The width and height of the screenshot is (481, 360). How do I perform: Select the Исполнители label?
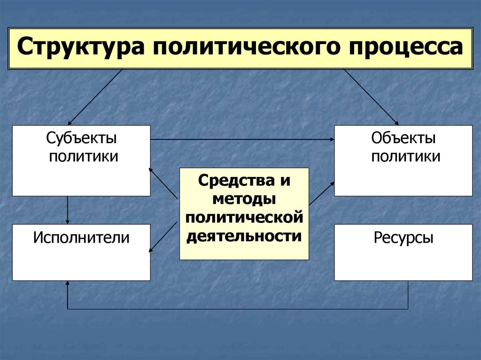[x=81, y=237]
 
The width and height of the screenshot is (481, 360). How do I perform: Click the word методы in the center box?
[x=244, y=199]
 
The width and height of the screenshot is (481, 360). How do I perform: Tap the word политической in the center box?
[x=244, y=217]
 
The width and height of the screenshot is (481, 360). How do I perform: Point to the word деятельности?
[x=244, y=236]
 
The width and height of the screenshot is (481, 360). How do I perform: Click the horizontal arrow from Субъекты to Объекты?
[x=242, y=139]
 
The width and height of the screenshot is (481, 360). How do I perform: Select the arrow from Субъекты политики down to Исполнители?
[x=68, y=210]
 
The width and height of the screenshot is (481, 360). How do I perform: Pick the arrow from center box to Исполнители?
[x=164, y=235]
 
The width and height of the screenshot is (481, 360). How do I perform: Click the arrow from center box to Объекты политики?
[x=321, y=193]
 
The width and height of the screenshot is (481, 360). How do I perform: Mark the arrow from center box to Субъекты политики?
[x=163, y=183]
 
